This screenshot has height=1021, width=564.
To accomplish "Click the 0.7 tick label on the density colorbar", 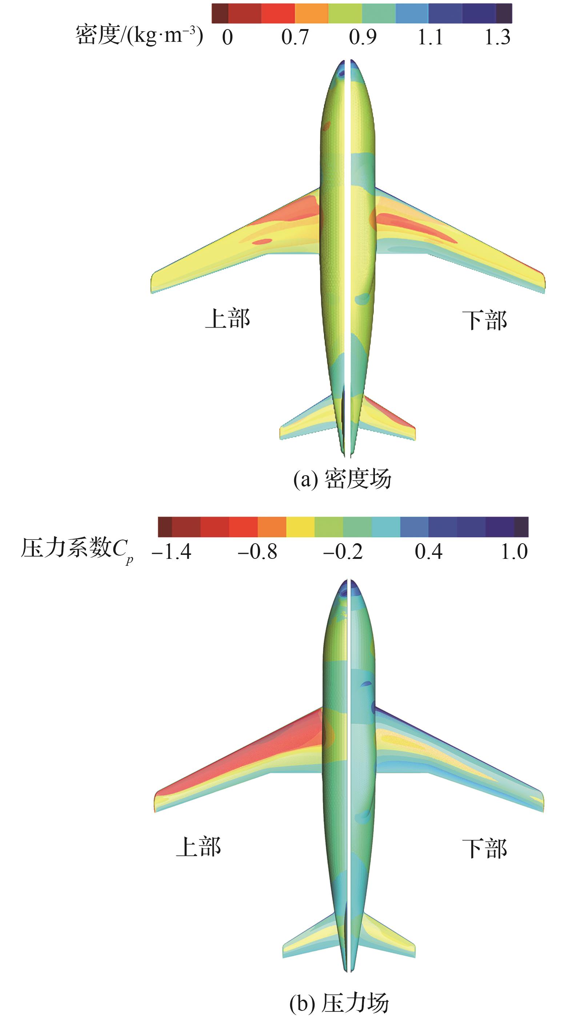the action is pyautogui.click(x=295, y=37).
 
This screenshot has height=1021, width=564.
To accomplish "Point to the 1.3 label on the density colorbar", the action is pyautogui.click(x=498, y=37).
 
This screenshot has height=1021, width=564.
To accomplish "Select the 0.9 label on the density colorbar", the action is pyautogui.click(x=363, y=37).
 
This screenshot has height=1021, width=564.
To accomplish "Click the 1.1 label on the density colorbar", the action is pyautogui.click(x=431, y=37).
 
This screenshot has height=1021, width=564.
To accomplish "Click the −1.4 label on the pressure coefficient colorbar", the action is pyautogui.click(x=171, y=551).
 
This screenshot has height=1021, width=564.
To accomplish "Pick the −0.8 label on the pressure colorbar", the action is pyautogui.click(x=257, y=551).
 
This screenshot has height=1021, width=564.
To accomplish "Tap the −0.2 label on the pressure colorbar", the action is pyautogui.click(x=343, y=551).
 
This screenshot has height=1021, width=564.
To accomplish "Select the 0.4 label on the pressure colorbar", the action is pyautogui.click(x=428, y=551).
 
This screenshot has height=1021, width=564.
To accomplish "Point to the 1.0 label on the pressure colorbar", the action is pyautogui.click(x=514, y=551).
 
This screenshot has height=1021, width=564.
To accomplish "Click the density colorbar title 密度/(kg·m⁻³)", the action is pyautogui.click(x=140, y=36).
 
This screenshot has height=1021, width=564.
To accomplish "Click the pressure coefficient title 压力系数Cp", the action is pyautogui.click(x=77, y=550).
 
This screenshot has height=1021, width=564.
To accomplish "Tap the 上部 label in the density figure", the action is pyautogui.click(x=228, y=319).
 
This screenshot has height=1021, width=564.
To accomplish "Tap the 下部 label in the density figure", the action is pyautogui.click(x=484, y=320).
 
